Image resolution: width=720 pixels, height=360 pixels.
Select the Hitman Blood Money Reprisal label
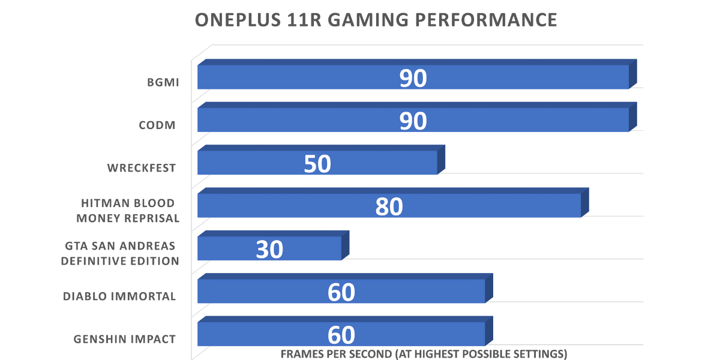[x=128, y=211]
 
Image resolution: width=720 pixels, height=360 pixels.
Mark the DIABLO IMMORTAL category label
[x=120, y=296]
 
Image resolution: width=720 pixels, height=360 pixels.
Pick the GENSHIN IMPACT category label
[x=125, y=339]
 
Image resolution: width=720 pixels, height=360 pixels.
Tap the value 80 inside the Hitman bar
[x=389, y=206]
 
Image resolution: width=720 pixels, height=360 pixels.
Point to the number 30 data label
[x=269, y=249]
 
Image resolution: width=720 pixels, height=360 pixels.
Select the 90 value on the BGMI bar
[x=413, y=79]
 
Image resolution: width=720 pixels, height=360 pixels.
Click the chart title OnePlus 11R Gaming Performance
[x=376, y=20]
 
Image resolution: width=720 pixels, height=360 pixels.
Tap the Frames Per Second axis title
[x=424, y=353]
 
